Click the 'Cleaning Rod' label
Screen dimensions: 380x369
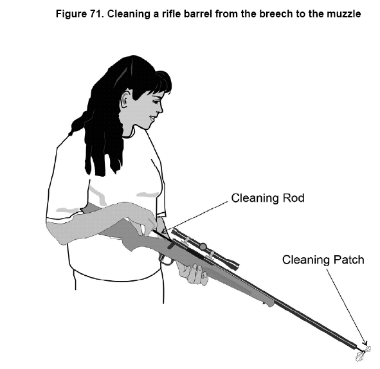[x=267, y=198]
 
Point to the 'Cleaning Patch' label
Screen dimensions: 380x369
[x=323, y=260]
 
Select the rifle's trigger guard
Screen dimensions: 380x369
[x=166, y=260]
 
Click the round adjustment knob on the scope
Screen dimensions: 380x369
[x=203, y=247]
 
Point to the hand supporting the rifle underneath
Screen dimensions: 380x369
[x=192, y=273]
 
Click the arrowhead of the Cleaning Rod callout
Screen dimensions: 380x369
[x=165, y=231]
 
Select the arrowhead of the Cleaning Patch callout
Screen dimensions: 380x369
[x=365, y=343]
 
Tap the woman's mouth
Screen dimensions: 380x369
[x=152, y=118]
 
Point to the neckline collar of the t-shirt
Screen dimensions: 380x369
[x=129, y=135]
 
